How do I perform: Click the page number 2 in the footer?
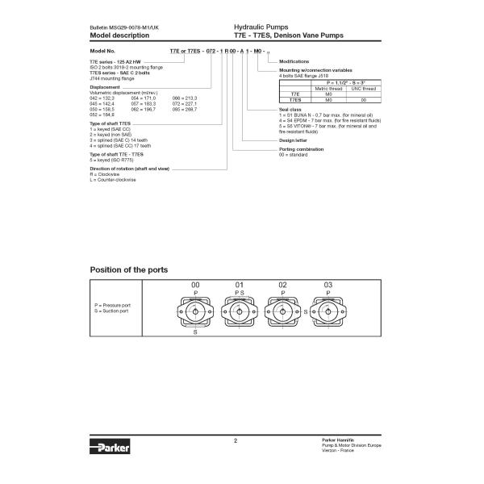point(236,440)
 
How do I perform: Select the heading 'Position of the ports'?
point(129,269)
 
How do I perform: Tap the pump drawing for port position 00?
point(194,312)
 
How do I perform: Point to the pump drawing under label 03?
point(328,312)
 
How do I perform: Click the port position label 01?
point(239,286)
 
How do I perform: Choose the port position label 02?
point(282,286)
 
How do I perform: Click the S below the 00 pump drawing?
point(194,332)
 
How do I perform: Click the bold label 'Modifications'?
point(294,61)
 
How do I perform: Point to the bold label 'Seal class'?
point(290,108)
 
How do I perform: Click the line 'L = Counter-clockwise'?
point(113,179)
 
